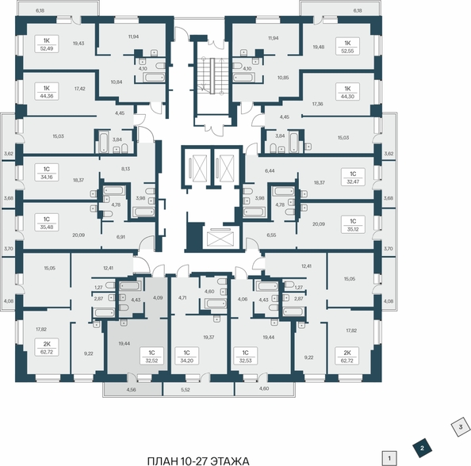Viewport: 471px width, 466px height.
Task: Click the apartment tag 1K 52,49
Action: click(46, 44)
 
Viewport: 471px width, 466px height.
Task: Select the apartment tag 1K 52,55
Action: click(347, 47)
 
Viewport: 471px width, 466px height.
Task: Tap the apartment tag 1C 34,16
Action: click(46, 173)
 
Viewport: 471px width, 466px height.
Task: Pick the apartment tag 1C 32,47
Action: click(353, 177)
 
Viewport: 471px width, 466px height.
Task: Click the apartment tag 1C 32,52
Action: click(151, 356)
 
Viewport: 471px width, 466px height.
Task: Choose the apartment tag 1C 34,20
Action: click(186, 356)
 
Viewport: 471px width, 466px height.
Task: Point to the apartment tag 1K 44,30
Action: click(347, 92)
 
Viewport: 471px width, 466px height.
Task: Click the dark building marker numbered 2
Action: click(422, 449)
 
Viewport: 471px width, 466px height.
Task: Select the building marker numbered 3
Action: click(461, 426)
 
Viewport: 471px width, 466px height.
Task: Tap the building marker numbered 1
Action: click(389, 459)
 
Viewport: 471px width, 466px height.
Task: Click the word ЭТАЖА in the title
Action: click(230, 461)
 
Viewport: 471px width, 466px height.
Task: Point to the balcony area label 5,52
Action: click(186, 390)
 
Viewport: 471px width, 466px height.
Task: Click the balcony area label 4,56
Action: click(131, 390)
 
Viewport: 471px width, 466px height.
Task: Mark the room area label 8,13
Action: click(125, 169)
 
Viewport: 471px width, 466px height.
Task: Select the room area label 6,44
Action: click(270, 170)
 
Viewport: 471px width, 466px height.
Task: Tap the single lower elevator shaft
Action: click(220, 238)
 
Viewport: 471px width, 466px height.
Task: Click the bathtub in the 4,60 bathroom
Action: click(216, 304)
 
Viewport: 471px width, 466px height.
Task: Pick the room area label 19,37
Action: click(209, 337)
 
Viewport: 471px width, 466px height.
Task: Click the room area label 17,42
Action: click(79, 89)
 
